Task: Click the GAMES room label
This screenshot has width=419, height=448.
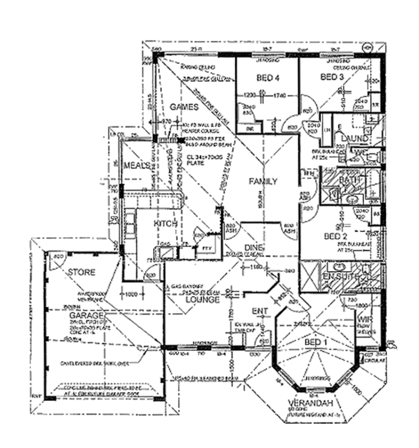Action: (185, 107)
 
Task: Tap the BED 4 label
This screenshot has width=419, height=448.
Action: (268, 78)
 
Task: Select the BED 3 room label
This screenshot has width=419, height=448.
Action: (332, 77)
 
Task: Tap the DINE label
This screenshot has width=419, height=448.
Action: (254, 248)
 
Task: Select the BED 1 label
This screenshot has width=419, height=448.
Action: (312, 342)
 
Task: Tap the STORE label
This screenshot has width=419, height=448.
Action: (82, 273)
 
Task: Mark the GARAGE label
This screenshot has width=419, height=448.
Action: (69, 315)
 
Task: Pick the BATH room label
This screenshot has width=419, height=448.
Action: (352, 180)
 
